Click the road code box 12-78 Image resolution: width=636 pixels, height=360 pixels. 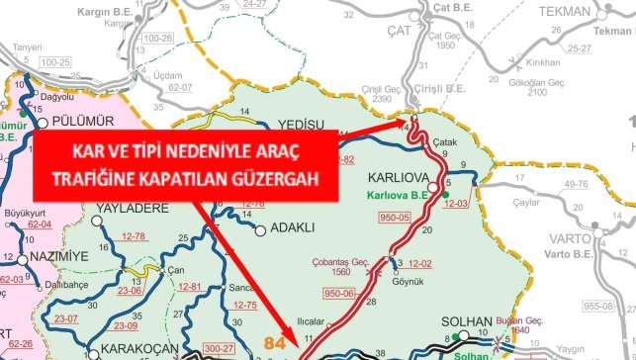tap(134, 236)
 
